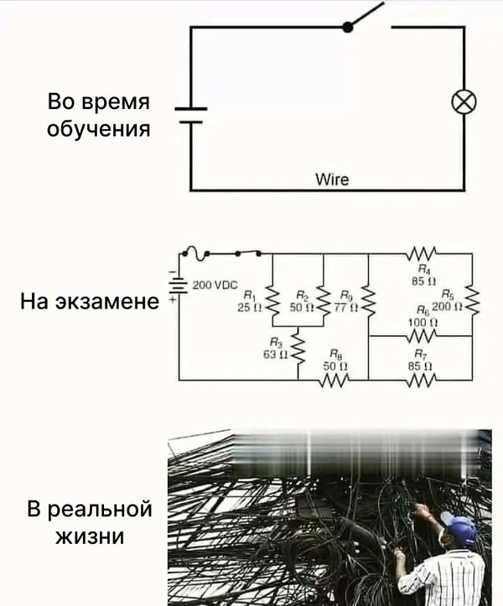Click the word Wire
point(331,179)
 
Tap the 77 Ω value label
point(346,308)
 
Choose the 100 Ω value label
point(418,322)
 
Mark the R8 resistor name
point(335,354)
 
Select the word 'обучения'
point(100,131)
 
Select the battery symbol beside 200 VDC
point(178,285)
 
